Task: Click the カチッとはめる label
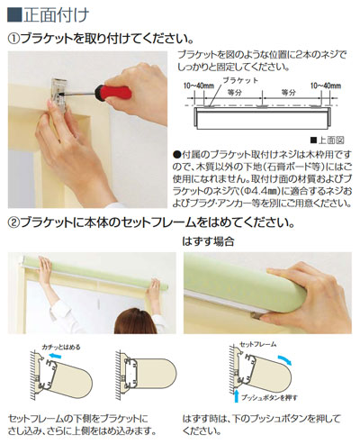pyautogui.click(x=55, y=345)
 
